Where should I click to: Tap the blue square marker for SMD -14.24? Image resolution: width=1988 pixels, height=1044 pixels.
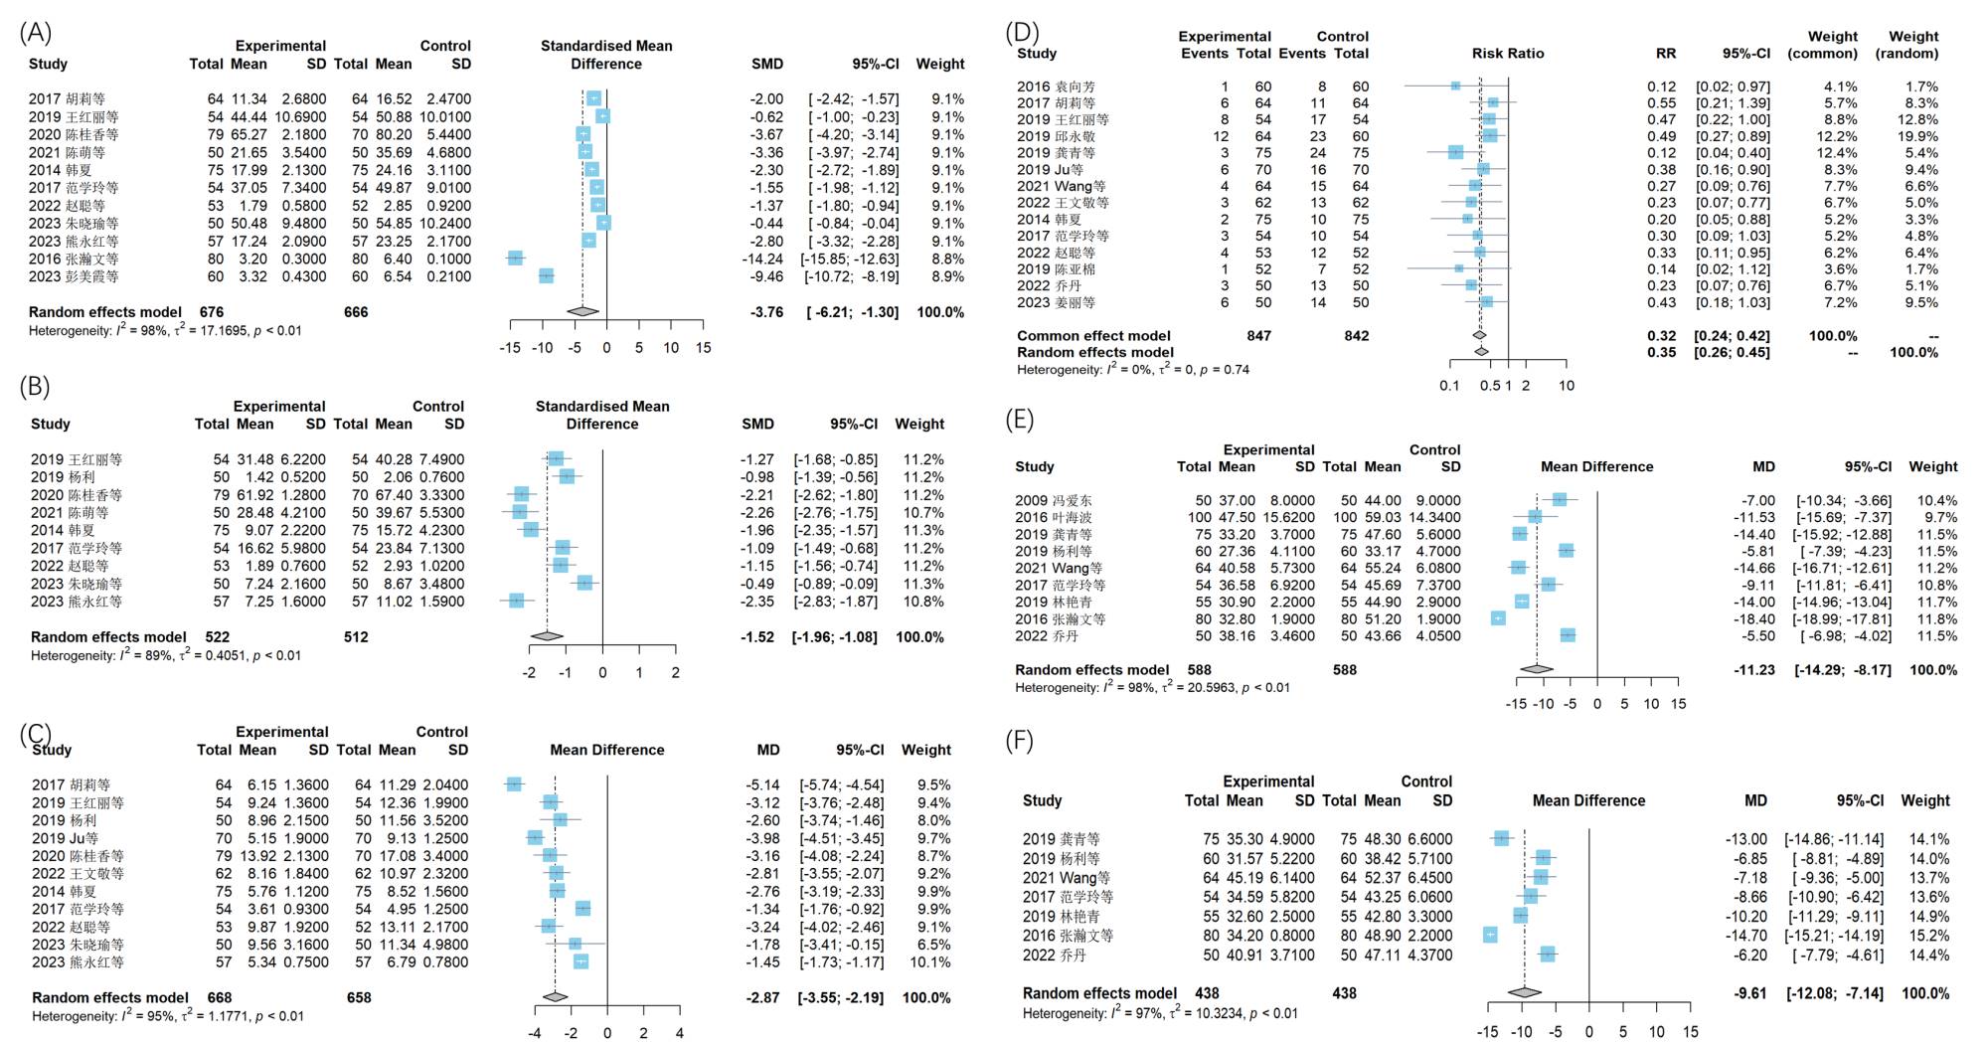coord(515,259)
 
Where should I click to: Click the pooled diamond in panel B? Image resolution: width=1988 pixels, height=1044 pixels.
coord(546,636)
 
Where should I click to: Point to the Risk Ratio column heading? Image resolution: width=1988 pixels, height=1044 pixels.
coord(1508,54)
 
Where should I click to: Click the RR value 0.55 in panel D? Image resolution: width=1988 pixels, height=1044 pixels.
coord(1661,103)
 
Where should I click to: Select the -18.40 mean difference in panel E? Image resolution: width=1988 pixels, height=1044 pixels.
coord(1754,618)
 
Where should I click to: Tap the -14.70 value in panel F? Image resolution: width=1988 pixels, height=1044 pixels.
coord(1746,935)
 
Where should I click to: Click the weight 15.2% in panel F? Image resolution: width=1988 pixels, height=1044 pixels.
coord(1928,935)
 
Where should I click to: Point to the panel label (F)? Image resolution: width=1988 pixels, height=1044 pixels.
coord(1020,741)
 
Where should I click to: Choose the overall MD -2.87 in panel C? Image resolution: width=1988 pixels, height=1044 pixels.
coord(762,997)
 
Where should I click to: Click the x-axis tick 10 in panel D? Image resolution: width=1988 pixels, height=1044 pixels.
coord(1567,386)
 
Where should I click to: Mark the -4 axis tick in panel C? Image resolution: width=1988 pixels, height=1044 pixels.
coord(535,1033)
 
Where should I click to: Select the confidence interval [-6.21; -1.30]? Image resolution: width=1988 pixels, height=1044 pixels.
coord(852,312)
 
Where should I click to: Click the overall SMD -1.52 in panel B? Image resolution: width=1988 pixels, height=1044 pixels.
coord(756,636)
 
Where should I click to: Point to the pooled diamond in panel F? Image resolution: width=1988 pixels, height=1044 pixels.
coord(1525,992)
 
